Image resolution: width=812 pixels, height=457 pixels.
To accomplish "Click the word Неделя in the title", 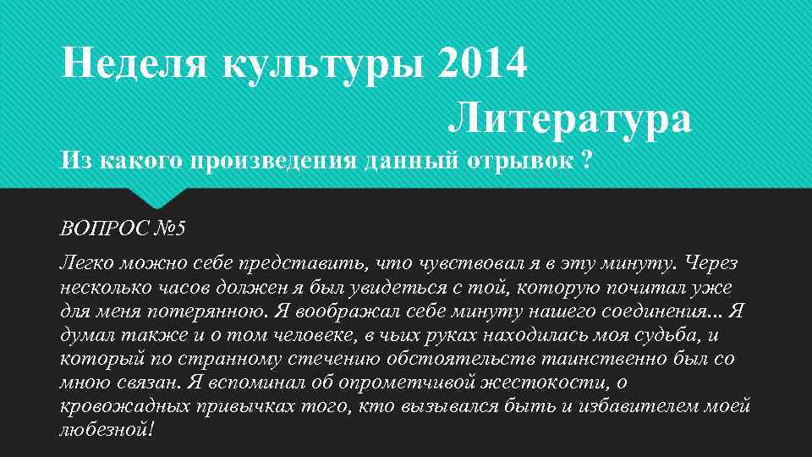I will click(x=134, y=65).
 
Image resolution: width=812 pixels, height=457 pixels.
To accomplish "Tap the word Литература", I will click(x=569, y=120).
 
